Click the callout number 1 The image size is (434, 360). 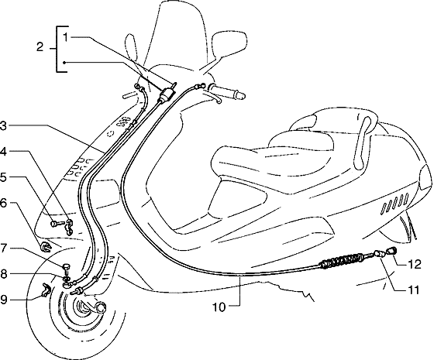(x=66, y=37)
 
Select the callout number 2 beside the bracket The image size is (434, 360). (x=40, y=47)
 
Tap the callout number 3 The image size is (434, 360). (x=3, y=125)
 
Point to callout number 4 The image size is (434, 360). (x=3, y=152)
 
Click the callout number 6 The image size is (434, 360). (x=3, y=203)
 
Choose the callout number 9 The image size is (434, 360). (x=3, y=300)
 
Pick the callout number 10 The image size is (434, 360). (x=219, y=307)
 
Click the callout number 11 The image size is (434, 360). (x=414, y=290)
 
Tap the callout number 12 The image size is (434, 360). (x=415, y=265)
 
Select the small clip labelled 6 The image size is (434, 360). (x=45, y=247)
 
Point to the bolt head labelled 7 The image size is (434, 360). (x=67, y=267)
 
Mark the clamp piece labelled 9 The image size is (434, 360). (x=46, y=290)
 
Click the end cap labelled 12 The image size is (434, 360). (x=391, y=252)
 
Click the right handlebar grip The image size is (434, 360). (x=227, y=91)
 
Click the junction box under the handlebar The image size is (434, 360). (x=166, y=94)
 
